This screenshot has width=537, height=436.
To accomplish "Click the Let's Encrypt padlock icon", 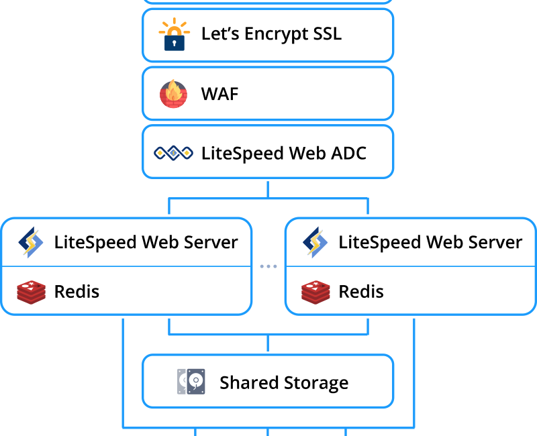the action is tap(175, 34).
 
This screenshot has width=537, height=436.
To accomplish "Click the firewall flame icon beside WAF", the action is tap(174, 93).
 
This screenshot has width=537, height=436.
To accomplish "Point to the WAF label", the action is tap(219, 94).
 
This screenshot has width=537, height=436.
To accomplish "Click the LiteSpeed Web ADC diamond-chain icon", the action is tap(173, 153).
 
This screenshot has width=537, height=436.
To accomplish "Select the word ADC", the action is tap(348, 153).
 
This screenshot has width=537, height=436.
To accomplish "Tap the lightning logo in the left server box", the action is tap(31, 242).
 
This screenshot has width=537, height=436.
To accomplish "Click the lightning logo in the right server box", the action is tap(315, 242).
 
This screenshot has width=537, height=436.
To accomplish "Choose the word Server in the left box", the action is tap(211, 242).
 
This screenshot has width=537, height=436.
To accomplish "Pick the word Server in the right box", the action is tap(495, 242).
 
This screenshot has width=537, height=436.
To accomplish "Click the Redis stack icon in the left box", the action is tap(31, 292).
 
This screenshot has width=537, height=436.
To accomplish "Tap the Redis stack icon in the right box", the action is tap(315, 292).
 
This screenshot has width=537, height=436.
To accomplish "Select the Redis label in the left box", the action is tap(77, 292).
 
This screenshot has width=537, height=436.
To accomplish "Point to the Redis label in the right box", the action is tap(361, 292).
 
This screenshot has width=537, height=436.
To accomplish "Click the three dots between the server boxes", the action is tap(268, 266).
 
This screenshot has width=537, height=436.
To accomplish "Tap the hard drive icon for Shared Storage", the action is tap(191, 381).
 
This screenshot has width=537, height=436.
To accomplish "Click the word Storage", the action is tap(315, 383).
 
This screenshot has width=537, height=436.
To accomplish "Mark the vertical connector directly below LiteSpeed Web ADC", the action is tap(268, 189).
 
